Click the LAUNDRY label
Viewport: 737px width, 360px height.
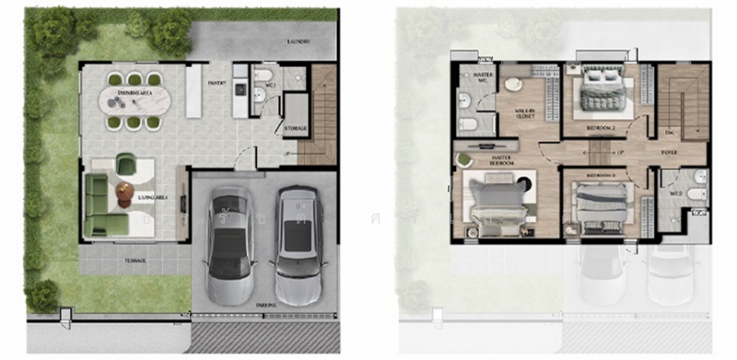click(x=298, y=42)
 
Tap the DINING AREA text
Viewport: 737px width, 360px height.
click(x=128, y=94)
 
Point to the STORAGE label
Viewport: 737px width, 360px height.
click(x=295, y=129)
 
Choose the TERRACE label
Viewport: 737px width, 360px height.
click(x=135, y=261)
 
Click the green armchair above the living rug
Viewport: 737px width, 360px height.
click(x=127, y=166)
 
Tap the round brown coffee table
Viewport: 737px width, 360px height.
click(x=125, y=193)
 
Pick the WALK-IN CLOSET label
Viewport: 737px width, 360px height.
click(x=526, y=115)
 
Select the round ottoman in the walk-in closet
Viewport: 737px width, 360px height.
click(x=513, y=86)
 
